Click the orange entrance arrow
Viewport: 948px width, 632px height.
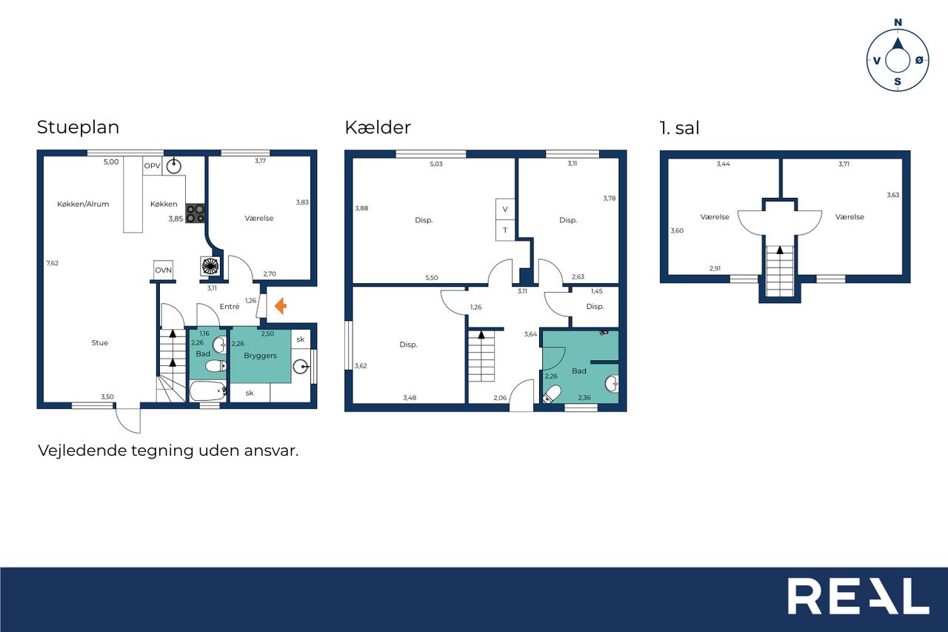click(281, 306)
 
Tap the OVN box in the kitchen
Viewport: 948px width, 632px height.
click(164, 270)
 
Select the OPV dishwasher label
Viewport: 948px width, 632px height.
click(153, 165)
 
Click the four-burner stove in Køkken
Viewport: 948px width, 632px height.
click(195, 213)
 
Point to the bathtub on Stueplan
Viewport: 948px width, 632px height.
click(208, 390)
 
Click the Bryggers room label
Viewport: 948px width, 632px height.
click(260, 356)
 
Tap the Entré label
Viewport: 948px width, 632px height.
click(230, 307)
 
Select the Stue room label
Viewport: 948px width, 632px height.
click(100, 343)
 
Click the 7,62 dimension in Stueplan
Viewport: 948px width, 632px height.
click(53, 263)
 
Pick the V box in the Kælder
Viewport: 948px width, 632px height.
click(505, 209)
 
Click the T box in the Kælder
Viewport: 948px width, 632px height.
click(505, 230)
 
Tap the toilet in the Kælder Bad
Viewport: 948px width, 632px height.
click(552, 394)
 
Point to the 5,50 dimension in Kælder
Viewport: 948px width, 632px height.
click(432, 278)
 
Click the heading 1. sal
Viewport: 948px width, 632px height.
click(679, 128)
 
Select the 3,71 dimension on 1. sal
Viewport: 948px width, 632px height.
click(844, 164)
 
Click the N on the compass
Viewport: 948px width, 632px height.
click(898, 22)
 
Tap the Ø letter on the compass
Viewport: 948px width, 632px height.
click(919, 61)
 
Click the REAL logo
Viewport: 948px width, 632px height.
click(858, 596)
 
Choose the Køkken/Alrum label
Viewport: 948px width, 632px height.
click(83, 204)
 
